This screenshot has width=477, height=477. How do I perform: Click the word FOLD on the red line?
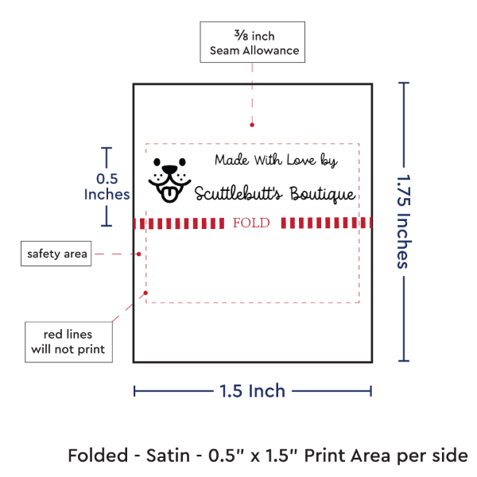click(x=251, y=223)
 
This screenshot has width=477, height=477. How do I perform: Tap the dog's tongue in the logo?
click(x=169, y=195)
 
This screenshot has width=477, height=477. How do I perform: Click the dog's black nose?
click(x=169, y=169)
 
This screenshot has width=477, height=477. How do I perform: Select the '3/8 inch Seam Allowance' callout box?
click(x=253, y=42)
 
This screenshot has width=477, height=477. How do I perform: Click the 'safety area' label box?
click(x=56, y=254)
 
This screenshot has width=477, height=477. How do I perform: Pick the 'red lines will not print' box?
click(x=68, y=342)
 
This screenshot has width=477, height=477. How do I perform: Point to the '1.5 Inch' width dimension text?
click(x=253, y=390)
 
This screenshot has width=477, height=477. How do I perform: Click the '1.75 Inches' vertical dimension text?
click(x=405, y=222)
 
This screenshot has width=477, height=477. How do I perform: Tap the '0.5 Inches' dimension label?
click(x=107, y=187)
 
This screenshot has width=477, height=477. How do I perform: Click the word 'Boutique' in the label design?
click(x=323, y=194)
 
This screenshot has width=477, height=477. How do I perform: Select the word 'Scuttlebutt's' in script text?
click(x=238, y=193)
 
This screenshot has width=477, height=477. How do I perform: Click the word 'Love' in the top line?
click(x=301, y=160)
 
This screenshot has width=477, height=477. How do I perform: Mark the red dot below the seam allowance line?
click(x=252, y=125)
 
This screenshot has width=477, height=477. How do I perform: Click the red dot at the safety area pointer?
click(x=138, y=254)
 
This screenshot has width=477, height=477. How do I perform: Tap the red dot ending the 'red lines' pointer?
click(x=145, y=293)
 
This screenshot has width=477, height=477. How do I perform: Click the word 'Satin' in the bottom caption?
click(x=168, y=456)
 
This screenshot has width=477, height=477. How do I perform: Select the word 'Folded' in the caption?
click(x=98, y=456)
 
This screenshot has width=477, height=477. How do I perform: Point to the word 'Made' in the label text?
click(x=232, y=160)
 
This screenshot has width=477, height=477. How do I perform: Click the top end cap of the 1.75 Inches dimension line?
click(x=404, y=83)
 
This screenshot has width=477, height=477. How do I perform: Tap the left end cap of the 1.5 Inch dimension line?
click(x=134, y=391)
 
